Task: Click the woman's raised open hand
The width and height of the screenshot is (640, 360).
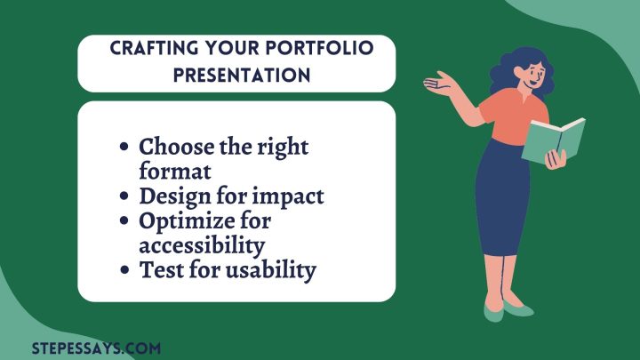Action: pyautogui.click(x=438, y=84)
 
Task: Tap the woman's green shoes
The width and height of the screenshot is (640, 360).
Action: pyautogui.click(x=508, y=311)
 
